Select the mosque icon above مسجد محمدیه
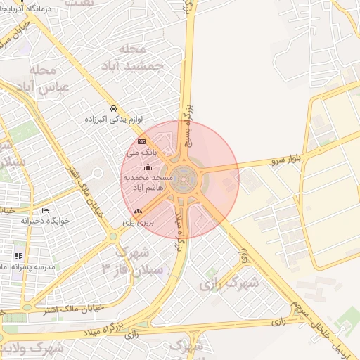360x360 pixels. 148,167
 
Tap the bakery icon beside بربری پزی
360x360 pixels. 138,211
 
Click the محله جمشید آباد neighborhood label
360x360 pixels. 142,57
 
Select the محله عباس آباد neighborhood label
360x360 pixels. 44,79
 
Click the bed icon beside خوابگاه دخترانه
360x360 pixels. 46,210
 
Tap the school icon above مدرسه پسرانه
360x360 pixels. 18,257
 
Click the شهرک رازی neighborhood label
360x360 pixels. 229,283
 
